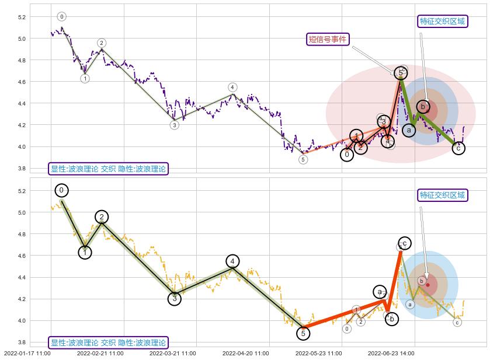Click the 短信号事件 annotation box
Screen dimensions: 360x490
coord(328,39)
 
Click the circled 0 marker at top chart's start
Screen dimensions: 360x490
coord(62,17)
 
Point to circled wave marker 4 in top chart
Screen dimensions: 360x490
coord(232,88)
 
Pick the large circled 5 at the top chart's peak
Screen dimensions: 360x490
coord(401,73)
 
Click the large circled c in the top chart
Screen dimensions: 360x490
coord(459,148)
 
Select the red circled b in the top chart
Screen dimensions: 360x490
coord(425,107)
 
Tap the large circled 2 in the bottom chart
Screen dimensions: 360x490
coord(102,217)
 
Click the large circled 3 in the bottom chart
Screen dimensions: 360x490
coord(175,299)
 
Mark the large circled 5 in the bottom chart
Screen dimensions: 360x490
coord(303,333)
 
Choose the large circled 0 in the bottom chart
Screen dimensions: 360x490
coord(61,190)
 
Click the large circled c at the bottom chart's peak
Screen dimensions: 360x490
coord(404,243)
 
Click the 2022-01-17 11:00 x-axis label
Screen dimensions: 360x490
coord(27,353)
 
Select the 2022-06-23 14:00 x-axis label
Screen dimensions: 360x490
coord(391,353)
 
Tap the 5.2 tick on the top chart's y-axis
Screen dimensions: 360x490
coord(22,18)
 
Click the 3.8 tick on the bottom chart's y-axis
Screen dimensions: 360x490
coord(22,342)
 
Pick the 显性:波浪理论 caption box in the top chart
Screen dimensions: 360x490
coord(108,169)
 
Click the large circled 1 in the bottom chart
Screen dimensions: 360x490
coord(85,253)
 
